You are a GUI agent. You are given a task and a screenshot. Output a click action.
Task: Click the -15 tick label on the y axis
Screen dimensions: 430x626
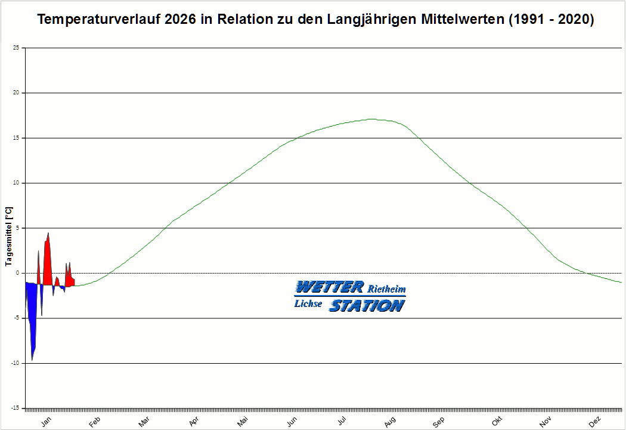[x=17, y=408]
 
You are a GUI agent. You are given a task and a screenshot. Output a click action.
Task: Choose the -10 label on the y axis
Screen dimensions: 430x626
[x=17, y=363]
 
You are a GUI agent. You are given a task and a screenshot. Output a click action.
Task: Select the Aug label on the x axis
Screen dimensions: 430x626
[x=390, y=422]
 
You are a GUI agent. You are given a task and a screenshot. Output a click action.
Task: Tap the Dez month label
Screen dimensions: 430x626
[x=594, y=422]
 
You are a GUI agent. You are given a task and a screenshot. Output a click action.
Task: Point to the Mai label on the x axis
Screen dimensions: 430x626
[x=243, y=422]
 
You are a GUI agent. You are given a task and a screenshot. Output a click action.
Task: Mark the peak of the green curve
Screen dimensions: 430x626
[x=371, y=119]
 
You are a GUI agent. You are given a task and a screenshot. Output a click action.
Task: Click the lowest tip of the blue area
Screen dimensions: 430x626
[x=32, y=360]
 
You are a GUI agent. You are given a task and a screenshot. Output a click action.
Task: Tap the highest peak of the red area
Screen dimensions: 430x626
[x=48, y=234]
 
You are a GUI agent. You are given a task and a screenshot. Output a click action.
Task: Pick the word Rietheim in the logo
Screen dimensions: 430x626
[x=387, y=289]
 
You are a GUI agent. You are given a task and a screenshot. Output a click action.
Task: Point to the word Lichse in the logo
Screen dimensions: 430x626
[x=308, y=304]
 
